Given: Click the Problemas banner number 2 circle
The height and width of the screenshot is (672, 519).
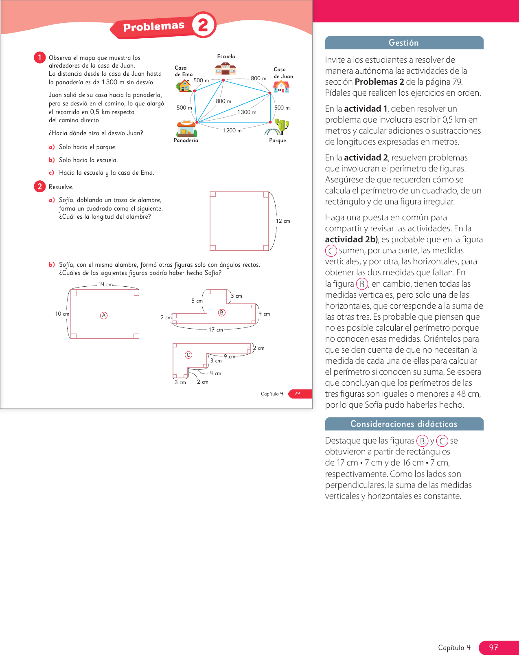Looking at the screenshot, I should (x=203, y=25).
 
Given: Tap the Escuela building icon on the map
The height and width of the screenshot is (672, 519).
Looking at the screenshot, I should (x=226, y=69).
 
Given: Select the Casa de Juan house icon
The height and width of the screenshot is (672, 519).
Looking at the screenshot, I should (x=281, y=86).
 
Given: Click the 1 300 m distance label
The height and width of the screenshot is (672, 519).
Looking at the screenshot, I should (x=247, y=112).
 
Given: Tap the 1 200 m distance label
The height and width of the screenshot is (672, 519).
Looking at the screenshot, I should (x=232, y=130).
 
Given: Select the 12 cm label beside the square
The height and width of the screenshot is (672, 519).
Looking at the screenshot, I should (x=283, y=221).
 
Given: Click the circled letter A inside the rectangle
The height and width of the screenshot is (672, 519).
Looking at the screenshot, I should (x=104, y=315).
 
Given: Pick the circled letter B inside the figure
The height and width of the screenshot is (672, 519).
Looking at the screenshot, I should (x=221, y=312).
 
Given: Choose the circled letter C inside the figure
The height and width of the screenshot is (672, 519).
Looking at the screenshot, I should (x=188, y=355).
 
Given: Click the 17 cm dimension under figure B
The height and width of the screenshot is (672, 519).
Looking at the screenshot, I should (x=216, y=329).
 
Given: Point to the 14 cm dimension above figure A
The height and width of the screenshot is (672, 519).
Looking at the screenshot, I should (x=105, y=284).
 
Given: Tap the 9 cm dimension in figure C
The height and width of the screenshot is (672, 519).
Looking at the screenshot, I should (x=230, y=356).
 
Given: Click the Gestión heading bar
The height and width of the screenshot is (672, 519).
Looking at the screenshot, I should (x=404, y=43).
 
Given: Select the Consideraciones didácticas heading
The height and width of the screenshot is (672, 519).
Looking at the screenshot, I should (x=404, y=424).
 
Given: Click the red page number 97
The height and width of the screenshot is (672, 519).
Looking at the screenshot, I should (x=494, y=648).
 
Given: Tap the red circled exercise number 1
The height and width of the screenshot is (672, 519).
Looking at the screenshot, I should (x=39, y=57).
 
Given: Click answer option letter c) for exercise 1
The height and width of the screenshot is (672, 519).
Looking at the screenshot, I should (x=52, y=173).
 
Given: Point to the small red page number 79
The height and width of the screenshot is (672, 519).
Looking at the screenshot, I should (x=298, y=393).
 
